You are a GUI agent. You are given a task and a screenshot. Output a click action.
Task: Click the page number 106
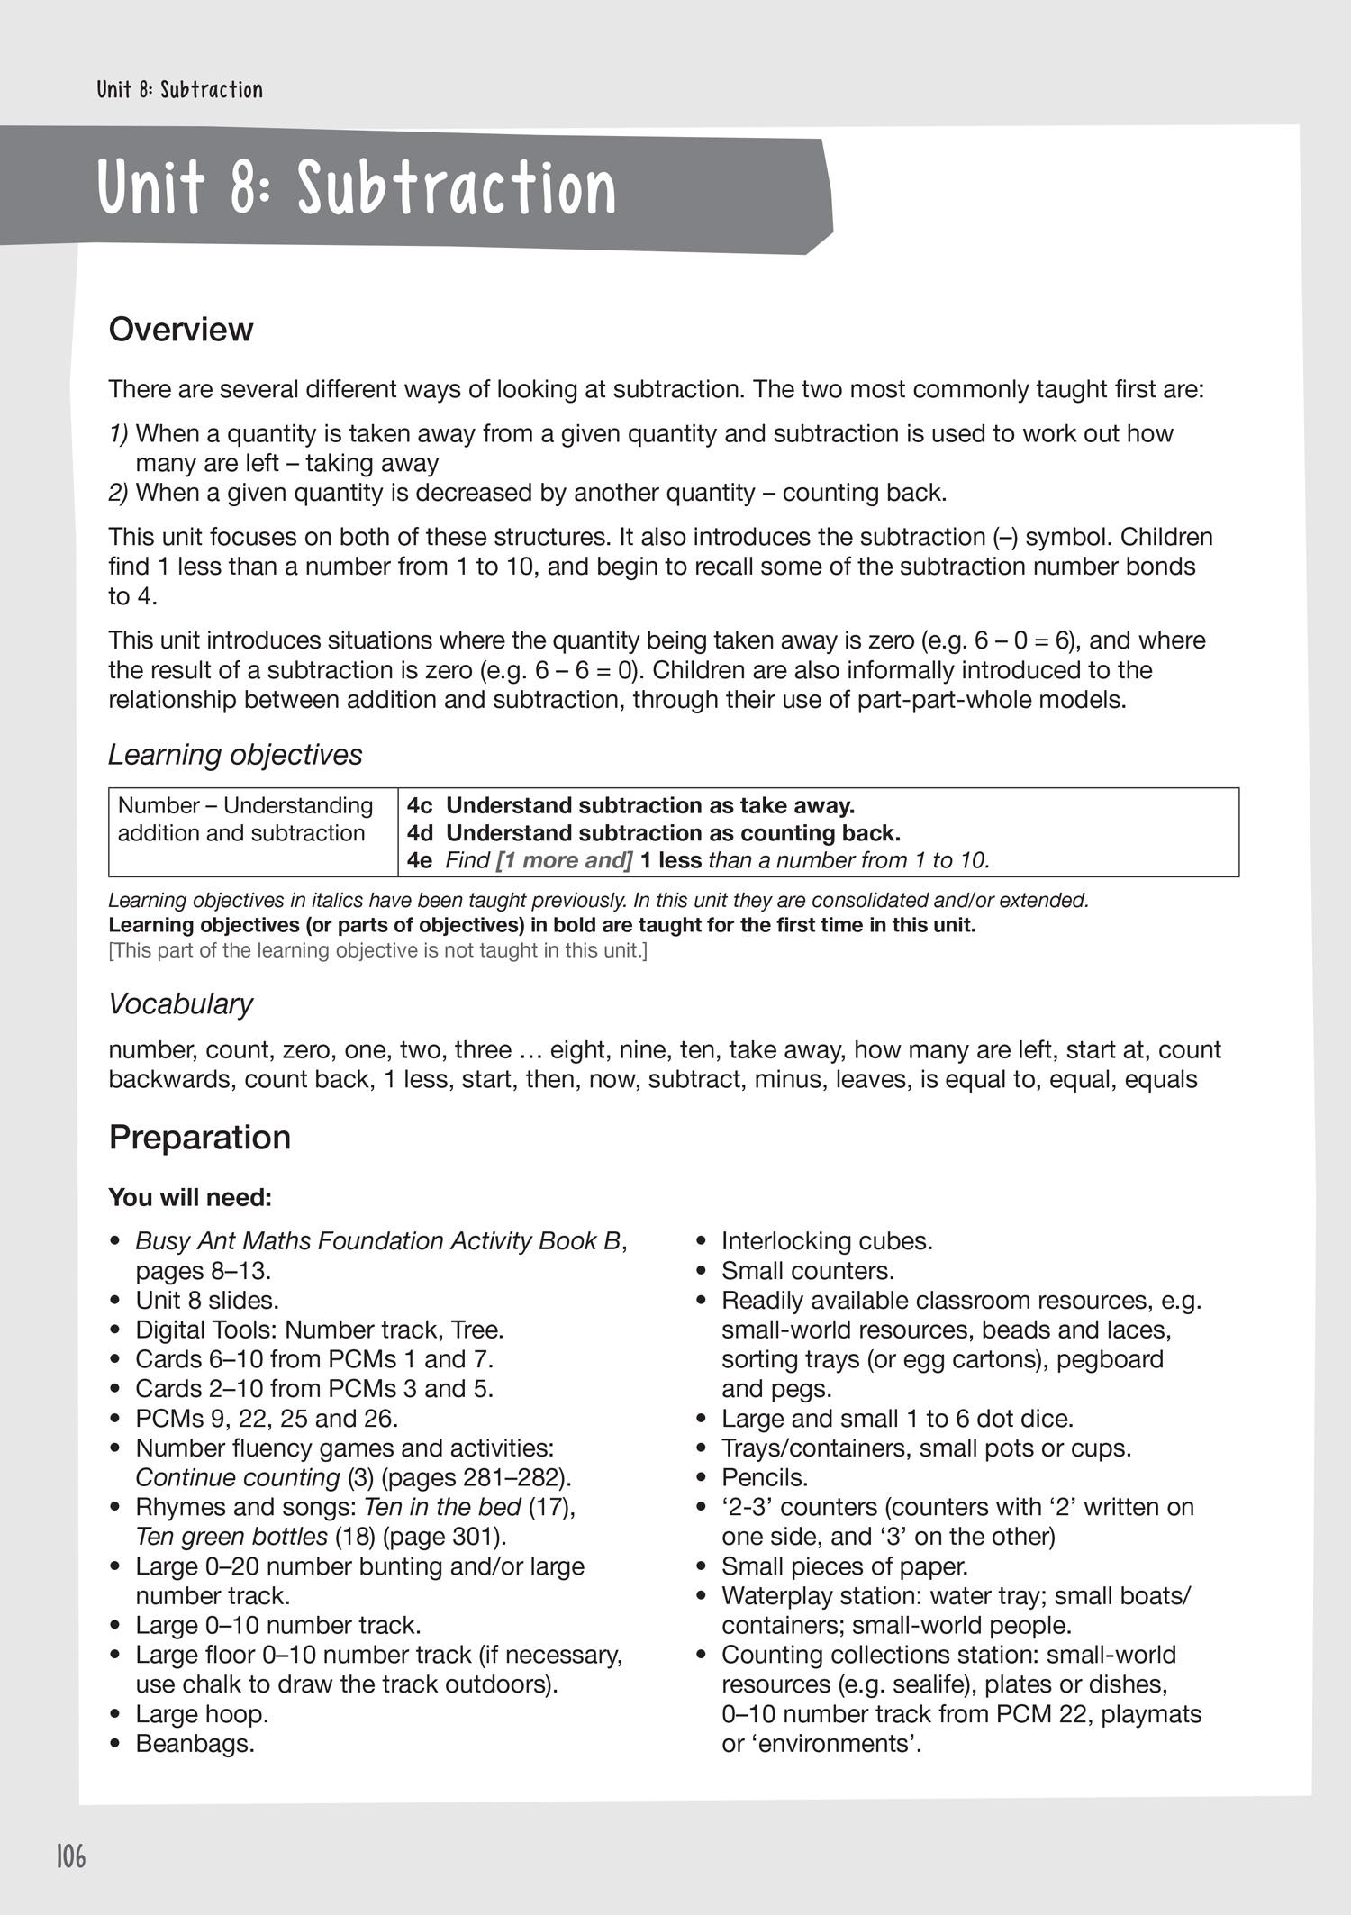coord(70,1856)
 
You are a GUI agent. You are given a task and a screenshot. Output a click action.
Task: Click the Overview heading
coord(181,330)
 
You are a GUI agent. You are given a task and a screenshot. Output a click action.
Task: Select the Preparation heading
coord(199,1138)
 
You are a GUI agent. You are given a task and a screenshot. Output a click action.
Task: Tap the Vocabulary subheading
coord(180,1003)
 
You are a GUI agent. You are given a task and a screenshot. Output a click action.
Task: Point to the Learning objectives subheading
coord(235,754)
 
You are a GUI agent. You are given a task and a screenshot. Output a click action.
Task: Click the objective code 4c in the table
coord(420,805)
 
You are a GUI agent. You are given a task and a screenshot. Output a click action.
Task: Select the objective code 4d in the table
coord(420,832)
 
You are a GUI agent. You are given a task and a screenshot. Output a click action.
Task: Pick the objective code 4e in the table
coord(420,860)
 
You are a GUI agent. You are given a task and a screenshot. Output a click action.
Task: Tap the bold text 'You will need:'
coord(189,1198)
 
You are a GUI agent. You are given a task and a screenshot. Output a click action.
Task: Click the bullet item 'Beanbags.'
coord(195,1744)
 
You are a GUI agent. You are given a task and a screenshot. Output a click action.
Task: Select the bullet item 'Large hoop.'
coord(202,1714)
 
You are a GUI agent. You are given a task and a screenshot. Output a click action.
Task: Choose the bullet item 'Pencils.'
coord(765,1478)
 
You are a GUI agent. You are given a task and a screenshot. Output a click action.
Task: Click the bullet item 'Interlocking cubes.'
coord(827,1241)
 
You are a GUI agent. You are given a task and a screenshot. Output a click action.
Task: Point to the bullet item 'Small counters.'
coord(807,1271)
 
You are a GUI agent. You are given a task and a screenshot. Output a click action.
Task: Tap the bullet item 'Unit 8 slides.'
coord(207,1301)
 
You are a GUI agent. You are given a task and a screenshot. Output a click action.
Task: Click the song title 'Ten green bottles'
coord(231,1537)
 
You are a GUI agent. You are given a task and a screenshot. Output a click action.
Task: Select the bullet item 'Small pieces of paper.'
coord(844,1566)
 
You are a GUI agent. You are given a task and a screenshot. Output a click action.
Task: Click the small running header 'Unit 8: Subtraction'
coord(180,90)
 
